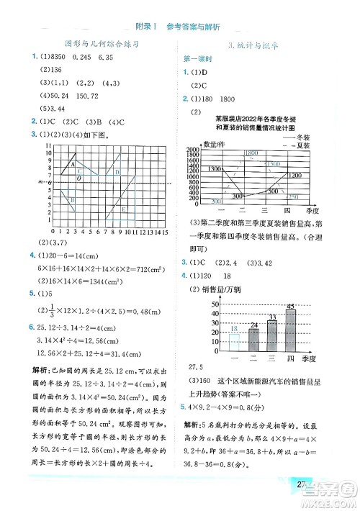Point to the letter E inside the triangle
(x=124, y=208)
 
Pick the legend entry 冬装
(x=302, y=137)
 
